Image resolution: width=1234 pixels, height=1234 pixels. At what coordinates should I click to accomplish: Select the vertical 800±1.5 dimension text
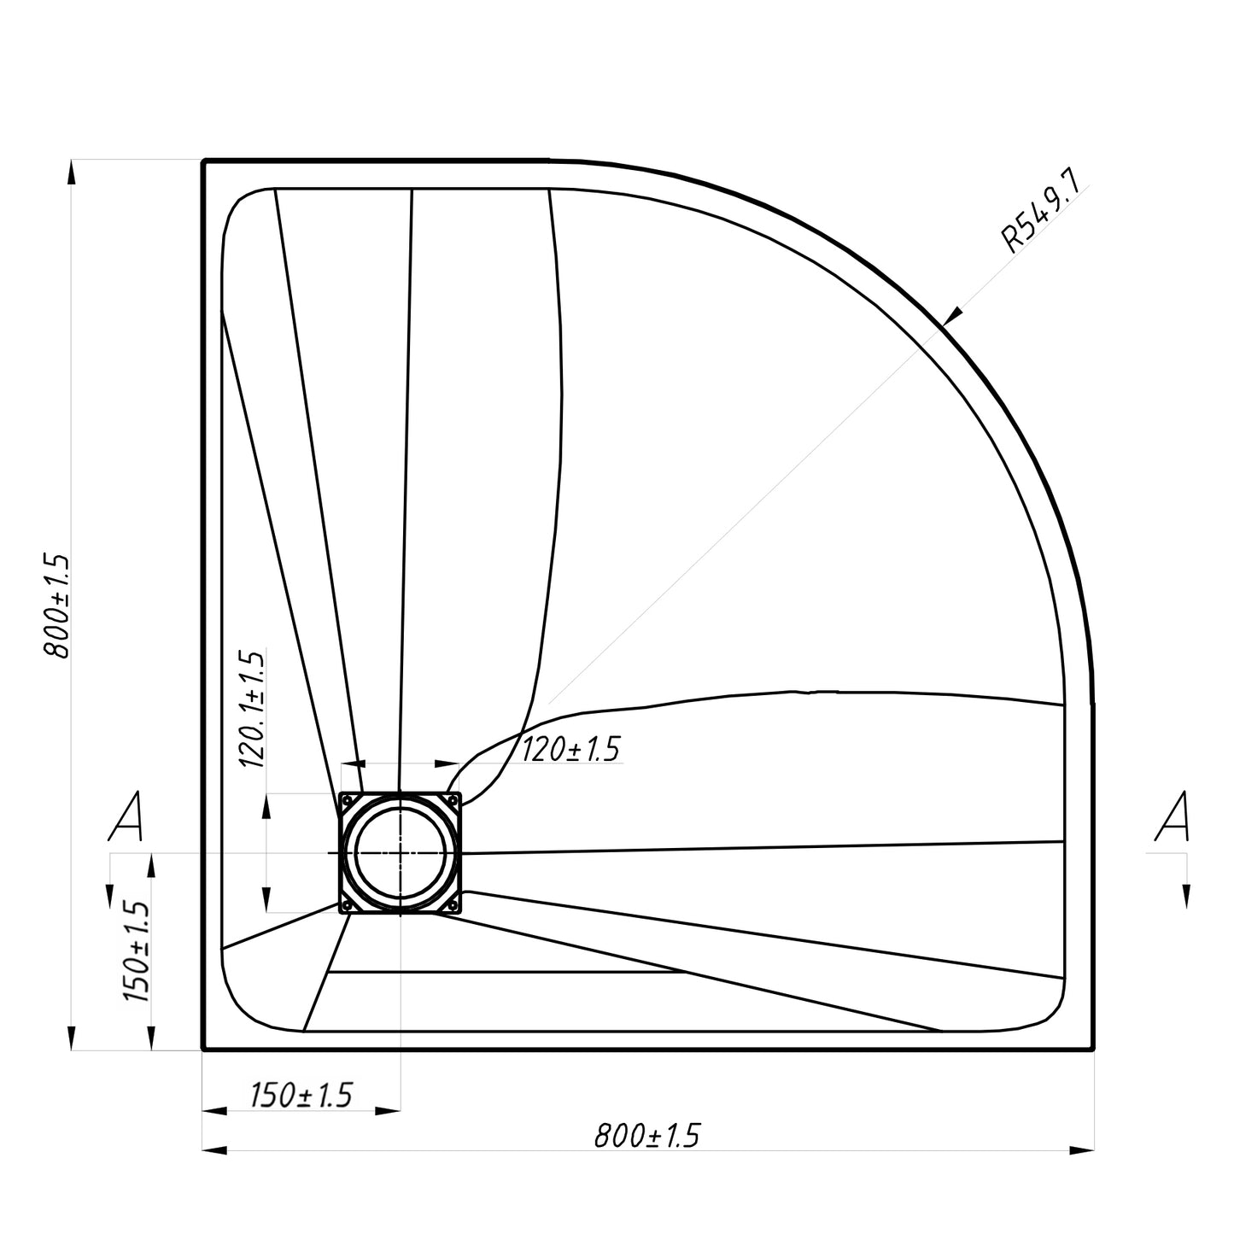coord(56,605)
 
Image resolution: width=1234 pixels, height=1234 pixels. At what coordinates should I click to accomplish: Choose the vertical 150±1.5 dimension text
coord(135,951)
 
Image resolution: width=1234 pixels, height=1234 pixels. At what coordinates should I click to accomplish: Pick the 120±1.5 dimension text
coord(571,749)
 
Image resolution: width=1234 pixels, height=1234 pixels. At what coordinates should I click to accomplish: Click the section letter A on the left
coord(126,816)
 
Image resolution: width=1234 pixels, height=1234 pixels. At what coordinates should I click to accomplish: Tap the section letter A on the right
coord(1173,816)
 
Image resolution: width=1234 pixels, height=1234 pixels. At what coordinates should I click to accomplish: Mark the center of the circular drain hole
coord(401,854)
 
